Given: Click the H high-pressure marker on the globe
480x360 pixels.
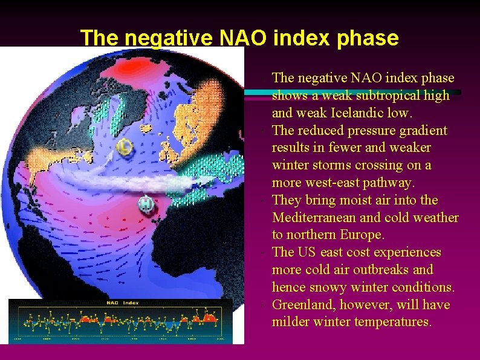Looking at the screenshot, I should pyautogui.click(x=146, y=204).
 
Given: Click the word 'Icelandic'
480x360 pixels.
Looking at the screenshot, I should pyautogui.click(x=355, y=113).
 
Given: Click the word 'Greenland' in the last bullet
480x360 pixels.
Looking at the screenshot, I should pyautogui.click(x=300, y=304).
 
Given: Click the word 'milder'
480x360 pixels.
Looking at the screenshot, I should pyautogui.click(x=291, y=322).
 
